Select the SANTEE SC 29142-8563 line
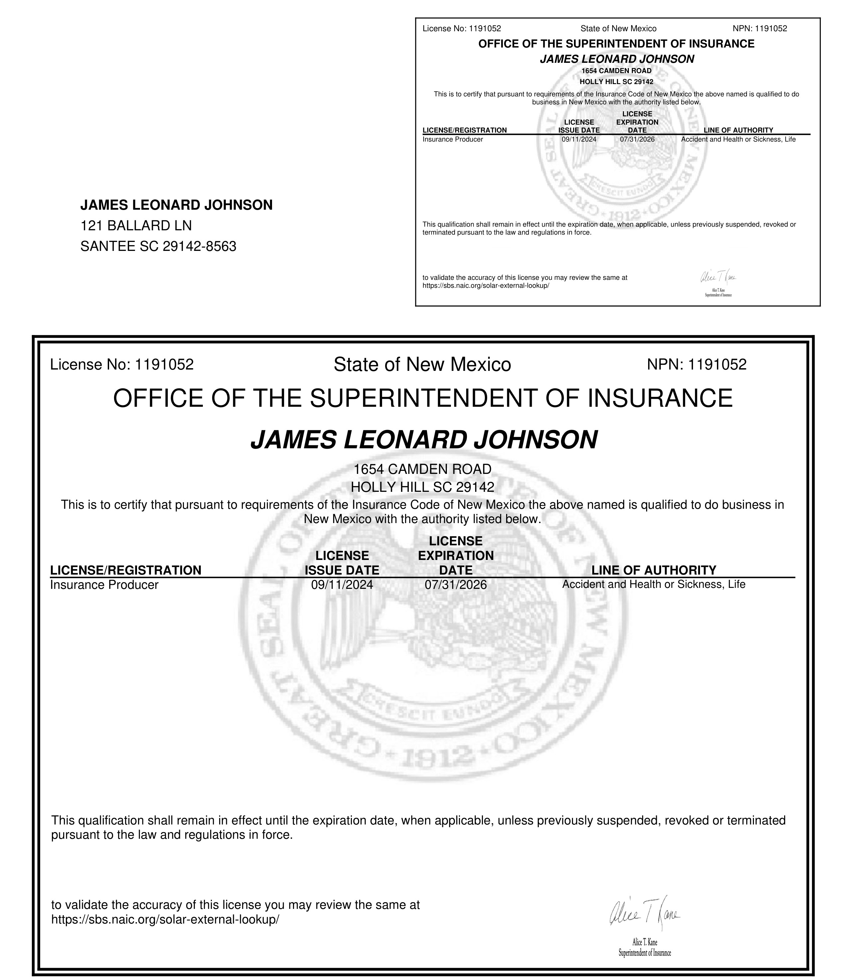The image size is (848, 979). pyautogui.click(x=158, y=246)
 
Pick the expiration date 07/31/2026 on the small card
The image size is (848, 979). pyautogui.click(x=637, y=140)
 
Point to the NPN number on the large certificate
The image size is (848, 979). pyautogui.click(x=717, y=364)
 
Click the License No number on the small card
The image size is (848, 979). pyautogui.click(x=485, y=28)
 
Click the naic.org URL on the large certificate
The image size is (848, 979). pyautogui.click(x=165, y=920)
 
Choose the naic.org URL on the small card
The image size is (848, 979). pyautogui.click(x=486, y=286)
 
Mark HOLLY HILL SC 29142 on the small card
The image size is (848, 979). pyautogui.click(x=616, y=82)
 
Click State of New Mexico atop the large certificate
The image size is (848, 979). pyautogui.click(x=422, y=364)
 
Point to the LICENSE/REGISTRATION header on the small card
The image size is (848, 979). pyautogui.click(x=464, y=130)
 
